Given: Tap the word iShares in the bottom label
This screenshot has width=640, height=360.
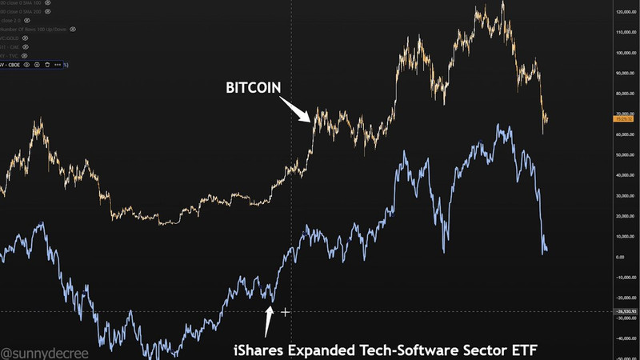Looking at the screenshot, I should pyautogui.click(x=258, y=349).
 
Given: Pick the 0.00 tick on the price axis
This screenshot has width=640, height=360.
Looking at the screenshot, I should pyautogui.click(x=620, y=257).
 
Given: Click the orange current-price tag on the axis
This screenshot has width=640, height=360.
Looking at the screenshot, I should pyautogui.click(x=625, y=118).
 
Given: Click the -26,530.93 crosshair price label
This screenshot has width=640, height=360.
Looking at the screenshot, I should pyautogui.click(x=625, y=311).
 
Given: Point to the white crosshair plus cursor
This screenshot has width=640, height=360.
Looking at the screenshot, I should pyautogui.click(x=285, y=311).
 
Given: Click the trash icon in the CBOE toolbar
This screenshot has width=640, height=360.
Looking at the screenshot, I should pyautogui.click(x=47, y=64).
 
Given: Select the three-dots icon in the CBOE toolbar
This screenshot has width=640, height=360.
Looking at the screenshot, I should pyautogui.click(x=58, y=64).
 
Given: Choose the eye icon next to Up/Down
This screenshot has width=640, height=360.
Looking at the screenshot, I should pyautogui.click(x=73, y=29).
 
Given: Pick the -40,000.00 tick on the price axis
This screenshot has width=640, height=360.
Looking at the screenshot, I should pyautogui.click(x=625, y=338).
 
